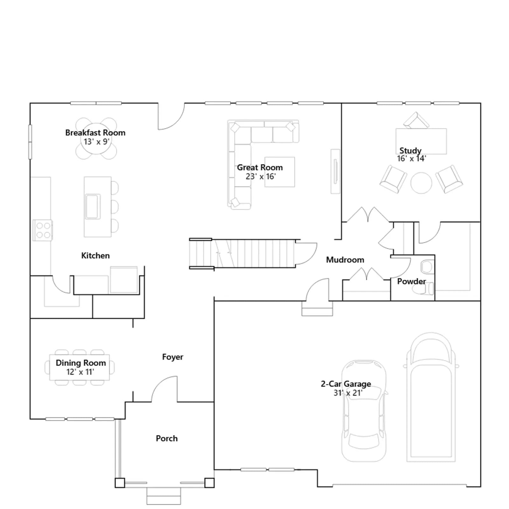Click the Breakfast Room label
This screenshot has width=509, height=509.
[x=95, y=133]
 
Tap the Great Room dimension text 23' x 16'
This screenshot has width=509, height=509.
[x=261, y=176]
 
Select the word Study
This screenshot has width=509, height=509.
[x=410, y=150]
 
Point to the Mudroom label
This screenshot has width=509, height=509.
[x=345, y=260]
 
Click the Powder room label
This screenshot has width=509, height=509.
[x=411, y=281]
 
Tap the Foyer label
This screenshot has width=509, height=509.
[x=173, y=357]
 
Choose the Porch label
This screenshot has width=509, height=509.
[x=167, y=438]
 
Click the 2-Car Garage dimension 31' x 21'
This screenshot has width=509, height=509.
[x=348, y=393]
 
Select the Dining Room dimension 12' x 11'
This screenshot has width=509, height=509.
[x=80, y=372]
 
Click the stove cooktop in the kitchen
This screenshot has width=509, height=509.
[x=43, y=230]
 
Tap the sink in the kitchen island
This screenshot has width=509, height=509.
[x=93, y=206]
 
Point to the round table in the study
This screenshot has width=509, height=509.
[x=421, y=183]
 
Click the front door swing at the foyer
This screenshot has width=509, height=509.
[x=164, y=389]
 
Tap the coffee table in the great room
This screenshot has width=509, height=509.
[x=280, y=172]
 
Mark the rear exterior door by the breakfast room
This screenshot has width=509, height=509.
[x=171, y=116]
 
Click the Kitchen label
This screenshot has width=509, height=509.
[x=95, y=255]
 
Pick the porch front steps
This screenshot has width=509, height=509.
[x=164, y=496]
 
